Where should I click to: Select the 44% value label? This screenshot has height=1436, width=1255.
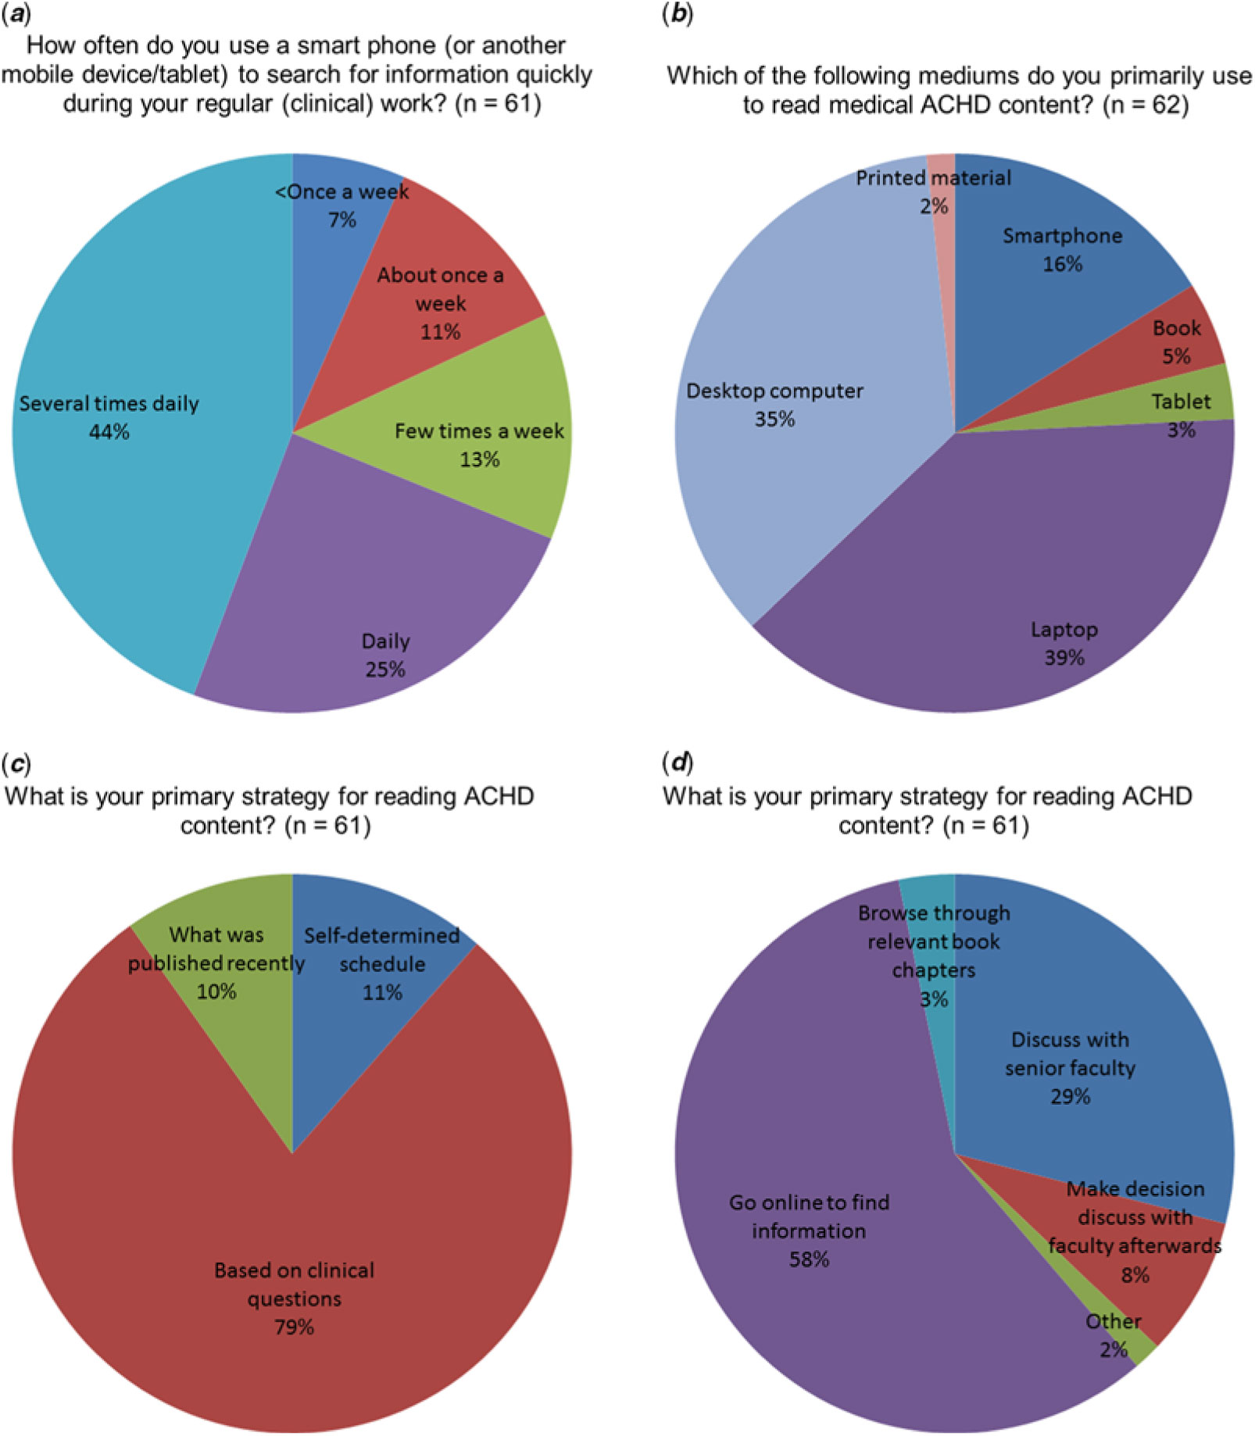[x=109, y=431]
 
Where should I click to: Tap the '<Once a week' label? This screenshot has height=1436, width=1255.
[x=341, y=192]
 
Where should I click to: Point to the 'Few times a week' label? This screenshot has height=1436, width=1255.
[x=478, y=431]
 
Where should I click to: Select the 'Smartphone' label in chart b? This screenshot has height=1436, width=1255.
[x=1062, y=236]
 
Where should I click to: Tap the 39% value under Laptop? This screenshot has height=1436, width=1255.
[x=1064, y=658]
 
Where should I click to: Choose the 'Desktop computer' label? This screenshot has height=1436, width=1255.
[x=774, y=391]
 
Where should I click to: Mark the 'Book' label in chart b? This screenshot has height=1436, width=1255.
[x=1176, y=328]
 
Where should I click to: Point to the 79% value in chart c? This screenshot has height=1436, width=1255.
[x=294, y=1327]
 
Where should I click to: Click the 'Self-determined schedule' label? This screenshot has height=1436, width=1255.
[x=381, y=949]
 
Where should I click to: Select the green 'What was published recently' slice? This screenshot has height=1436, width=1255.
[x=234, y=1016]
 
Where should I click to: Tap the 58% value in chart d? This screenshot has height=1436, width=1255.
[x=809, y=1259]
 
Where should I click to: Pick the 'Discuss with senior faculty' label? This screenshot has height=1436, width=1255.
[x=1070, y=1054]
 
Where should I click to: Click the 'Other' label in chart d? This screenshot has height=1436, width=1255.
[x=1113, y=1321]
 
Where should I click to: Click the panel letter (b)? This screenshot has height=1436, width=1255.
[x=677, y=16]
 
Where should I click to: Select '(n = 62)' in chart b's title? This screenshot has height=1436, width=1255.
[x=1146, y=105]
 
